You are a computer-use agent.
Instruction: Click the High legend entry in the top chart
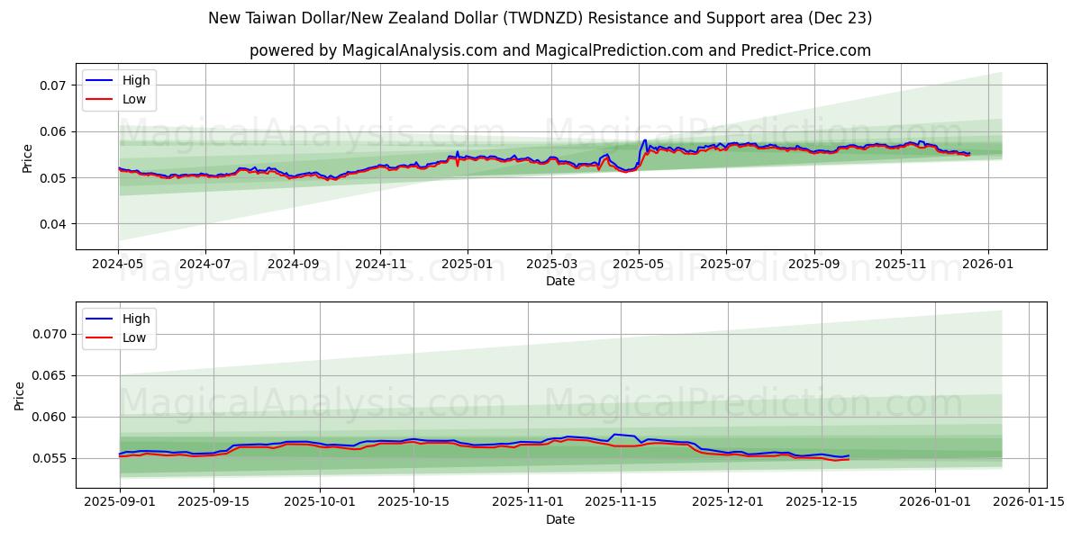136,80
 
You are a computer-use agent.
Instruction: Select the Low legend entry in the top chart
134,100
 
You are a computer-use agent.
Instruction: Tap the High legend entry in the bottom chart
136,319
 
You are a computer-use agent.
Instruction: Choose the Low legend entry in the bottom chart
134,338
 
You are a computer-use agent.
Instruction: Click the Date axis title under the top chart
560,282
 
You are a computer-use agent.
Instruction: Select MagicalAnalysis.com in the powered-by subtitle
420,50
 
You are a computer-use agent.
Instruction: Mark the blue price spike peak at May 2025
645,139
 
